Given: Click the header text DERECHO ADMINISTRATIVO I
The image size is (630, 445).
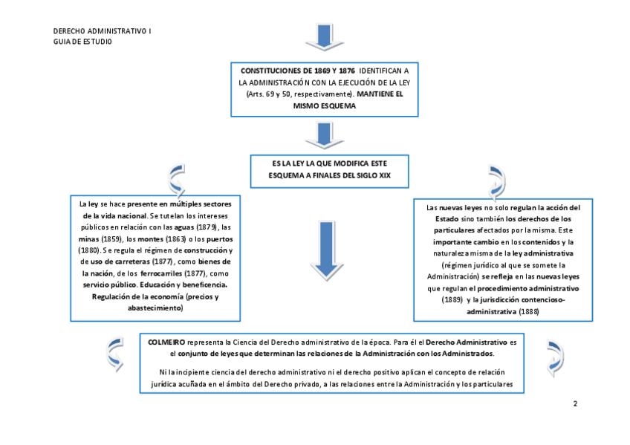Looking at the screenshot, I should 102,31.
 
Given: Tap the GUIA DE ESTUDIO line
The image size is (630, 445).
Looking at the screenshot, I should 82,42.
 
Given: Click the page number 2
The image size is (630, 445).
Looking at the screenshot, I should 575,403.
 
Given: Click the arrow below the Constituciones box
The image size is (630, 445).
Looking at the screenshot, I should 321,135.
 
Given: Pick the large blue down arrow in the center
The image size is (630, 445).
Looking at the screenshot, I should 322,250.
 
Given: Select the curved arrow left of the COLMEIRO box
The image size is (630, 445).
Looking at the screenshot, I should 114,354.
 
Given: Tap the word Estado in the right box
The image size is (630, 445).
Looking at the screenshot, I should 440,219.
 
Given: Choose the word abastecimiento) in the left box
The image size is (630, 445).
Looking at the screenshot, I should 153,308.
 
